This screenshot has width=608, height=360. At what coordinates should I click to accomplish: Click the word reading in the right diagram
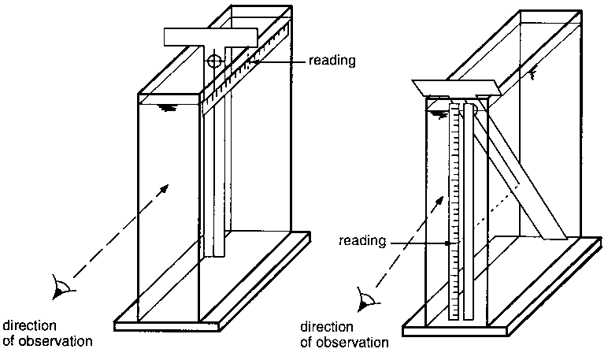361,242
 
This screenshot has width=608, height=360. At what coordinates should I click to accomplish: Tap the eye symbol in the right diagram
365,299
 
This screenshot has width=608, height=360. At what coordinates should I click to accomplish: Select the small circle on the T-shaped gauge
214,61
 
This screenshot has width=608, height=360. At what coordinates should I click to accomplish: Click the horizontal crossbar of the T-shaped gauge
211,36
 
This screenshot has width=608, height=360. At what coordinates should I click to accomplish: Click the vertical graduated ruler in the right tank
454,213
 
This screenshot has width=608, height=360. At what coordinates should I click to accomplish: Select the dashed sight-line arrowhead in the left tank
165,186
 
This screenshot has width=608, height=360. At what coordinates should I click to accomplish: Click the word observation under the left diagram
54,341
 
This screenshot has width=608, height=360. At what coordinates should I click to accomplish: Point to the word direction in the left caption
27,325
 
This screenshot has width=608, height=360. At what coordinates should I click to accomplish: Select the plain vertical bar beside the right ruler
469,213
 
